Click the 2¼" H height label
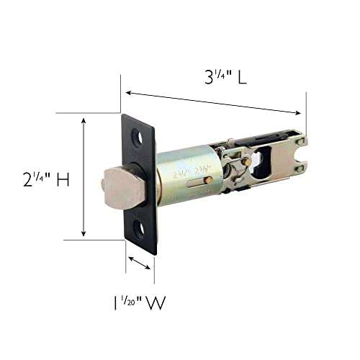click(45, 181)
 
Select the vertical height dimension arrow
click(84, 178)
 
